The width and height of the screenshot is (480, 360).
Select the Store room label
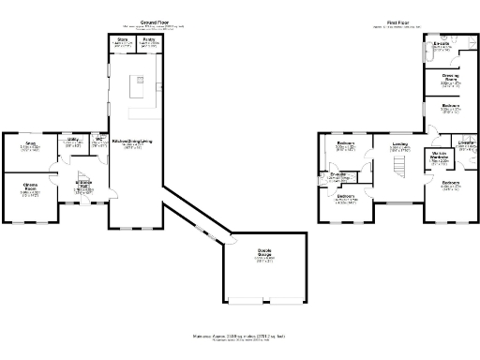[123, 40]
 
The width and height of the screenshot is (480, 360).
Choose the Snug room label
[30, 144]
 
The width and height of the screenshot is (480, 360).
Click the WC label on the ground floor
[97, 140]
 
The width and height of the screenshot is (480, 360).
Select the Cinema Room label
[30, 186]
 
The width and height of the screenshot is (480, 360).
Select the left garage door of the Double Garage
[246, 303]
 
